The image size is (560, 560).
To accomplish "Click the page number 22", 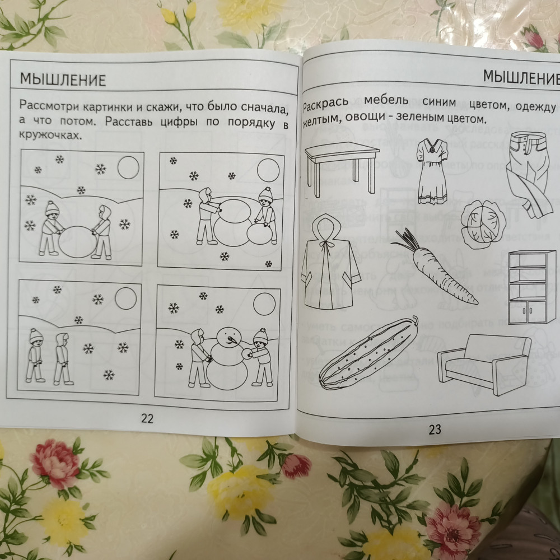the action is [x=147, y=418].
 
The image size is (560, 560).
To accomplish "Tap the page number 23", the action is [x=435, y=430].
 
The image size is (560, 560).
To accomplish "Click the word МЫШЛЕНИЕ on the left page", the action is [x=63, y=80].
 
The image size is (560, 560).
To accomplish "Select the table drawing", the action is [x=342, y=169].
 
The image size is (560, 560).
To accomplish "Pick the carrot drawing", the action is [x=436, y=267].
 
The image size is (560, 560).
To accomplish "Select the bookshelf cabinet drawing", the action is [x=532, y=287].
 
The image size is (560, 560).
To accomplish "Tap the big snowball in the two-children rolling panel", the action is [x=78, y=241].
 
